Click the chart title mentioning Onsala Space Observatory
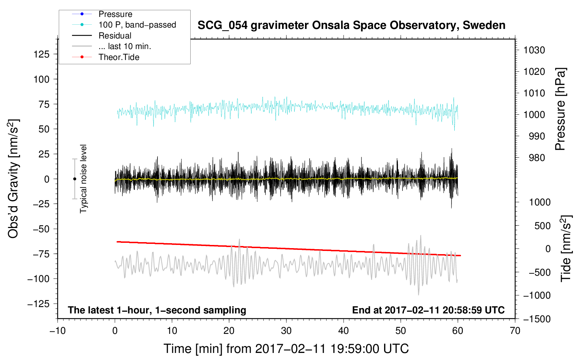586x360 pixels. [x=351, y=25]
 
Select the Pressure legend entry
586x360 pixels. [x=115, y=14]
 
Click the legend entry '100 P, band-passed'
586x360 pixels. [x=137, y=25]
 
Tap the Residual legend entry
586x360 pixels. [x=115, y=36]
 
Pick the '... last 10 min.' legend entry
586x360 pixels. [x=125, y=46]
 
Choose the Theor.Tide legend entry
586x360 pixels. [x=119, y=57]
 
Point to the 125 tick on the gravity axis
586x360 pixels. [x=41, y=54]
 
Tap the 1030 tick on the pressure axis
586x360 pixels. [x=534, y=50]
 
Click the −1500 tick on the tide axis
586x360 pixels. [x=537, y=319]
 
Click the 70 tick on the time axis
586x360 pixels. [x=515, y=331]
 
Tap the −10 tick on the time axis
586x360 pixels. [x=58, y=331]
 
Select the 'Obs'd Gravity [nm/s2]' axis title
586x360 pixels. [x=13, y=179]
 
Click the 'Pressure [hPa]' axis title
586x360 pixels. [x=560, y=109]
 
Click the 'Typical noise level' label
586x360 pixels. [x=83, y=179]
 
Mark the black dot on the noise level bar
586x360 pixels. [x=74, y=179]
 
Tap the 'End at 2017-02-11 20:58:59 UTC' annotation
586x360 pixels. [x=428, y=310]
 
